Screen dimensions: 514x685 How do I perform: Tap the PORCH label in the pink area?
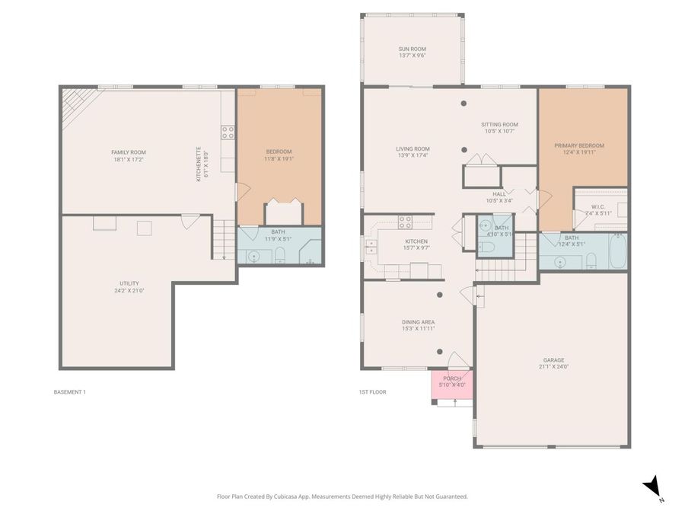tap(452, 378)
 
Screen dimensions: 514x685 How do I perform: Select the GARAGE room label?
tap(553, 361)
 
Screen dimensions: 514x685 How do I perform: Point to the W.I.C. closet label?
tap(597, 208)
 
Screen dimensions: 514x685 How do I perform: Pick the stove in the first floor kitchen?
tap(406, 222)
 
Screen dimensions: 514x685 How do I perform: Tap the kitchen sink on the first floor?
tap(372, 246)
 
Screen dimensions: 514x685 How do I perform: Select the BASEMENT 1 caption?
tap(70, 392)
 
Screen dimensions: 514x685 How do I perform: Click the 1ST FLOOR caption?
tap(373, 392)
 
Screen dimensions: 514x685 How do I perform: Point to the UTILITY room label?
tap(129, 283)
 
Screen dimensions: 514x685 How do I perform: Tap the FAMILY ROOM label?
tap(128, 152)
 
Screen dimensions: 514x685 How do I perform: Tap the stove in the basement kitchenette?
tap(227, 132)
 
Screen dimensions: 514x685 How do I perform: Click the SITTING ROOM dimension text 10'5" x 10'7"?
tap(499, 131)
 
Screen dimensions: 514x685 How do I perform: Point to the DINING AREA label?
tap(418, 322)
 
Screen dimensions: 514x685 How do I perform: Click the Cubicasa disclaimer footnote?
tap(342, 496)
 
